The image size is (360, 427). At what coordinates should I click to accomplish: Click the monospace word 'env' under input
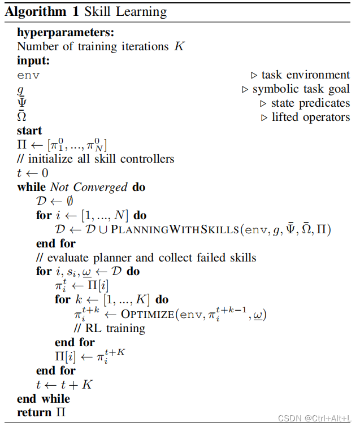[x=28, y=76]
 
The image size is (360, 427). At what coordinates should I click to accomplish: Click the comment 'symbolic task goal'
[x=301, y=89]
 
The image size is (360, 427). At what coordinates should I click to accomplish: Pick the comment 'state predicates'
[x=310, y=103]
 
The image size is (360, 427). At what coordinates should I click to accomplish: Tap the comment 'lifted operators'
[x=310, y=117]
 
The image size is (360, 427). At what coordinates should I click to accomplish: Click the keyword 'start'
[x=29, y=131]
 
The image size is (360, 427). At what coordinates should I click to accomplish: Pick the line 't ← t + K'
[x=63, y=385]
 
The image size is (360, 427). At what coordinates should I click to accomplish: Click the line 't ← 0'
[x=33, y=173]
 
